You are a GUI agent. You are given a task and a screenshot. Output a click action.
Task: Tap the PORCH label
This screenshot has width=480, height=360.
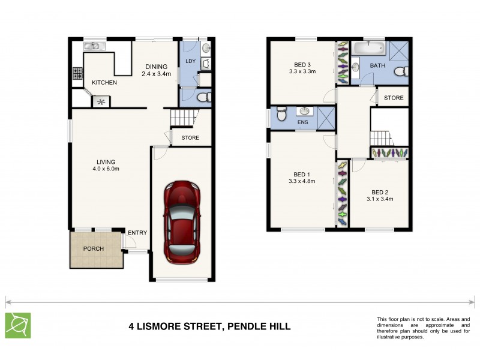94,249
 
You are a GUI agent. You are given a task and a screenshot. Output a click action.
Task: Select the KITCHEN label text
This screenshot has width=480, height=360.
104,82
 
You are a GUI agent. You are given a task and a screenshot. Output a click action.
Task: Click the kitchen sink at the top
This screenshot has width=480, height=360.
94,46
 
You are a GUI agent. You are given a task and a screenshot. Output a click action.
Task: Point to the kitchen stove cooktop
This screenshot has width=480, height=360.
77,73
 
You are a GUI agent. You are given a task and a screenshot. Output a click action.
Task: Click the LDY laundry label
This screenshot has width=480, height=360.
191,61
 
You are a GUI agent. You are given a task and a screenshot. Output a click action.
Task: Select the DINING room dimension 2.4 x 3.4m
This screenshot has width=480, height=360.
157,74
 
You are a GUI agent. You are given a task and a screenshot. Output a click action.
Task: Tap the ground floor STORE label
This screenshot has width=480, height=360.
190,138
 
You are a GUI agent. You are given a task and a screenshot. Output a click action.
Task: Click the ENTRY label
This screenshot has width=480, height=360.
137,233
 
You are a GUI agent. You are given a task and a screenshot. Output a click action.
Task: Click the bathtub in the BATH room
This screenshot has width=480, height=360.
367,48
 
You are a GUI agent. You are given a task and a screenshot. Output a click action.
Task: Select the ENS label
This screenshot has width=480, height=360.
303,122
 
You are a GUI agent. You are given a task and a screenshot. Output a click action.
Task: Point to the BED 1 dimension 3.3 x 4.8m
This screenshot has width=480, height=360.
302,181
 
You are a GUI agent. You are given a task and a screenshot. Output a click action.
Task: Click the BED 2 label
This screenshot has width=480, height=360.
379,191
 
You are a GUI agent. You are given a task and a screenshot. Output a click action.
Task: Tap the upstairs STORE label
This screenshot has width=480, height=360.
394,98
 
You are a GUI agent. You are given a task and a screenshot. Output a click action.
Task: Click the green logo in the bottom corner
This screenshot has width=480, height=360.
18,325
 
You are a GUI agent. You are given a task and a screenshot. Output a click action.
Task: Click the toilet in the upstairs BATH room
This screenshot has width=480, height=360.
405,71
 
